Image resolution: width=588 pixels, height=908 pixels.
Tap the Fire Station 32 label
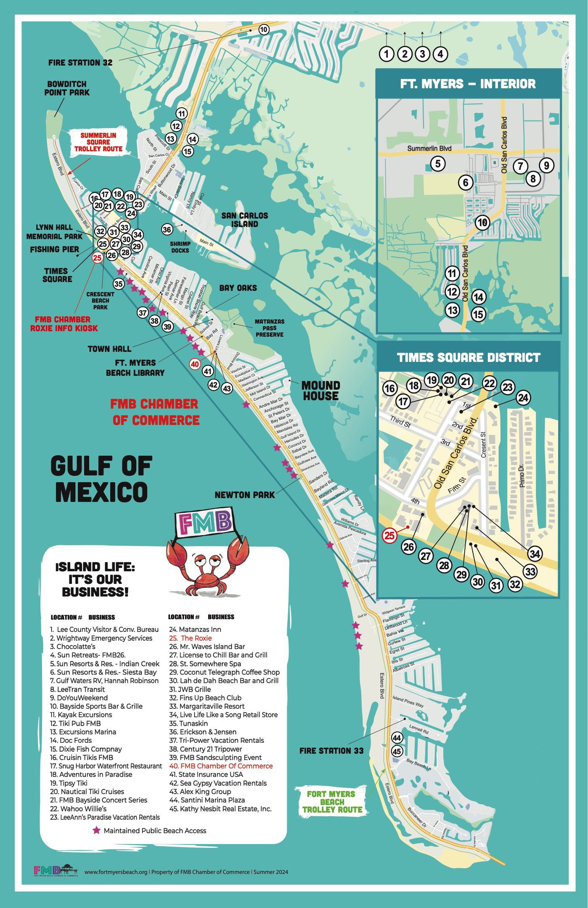[x=80, y=63]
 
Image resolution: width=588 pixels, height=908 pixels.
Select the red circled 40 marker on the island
[x=194, y=364]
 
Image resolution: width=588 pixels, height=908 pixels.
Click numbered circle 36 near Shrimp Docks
[x=167, y=230]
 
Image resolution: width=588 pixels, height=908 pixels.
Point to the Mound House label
[x=320, y=391]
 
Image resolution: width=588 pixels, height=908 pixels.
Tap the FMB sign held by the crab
[x=204, y=523]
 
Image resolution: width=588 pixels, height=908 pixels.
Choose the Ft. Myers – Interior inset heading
[x=468, y=83]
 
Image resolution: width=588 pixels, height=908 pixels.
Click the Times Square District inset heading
[x=469, y=357]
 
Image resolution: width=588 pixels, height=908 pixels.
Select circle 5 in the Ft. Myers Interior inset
[x=437, y=163]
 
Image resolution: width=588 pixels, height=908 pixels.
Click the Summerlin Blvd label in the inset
[x=429, y=149]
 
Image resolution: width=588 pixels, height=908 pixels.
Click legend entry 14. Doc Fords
[x=71, y=740]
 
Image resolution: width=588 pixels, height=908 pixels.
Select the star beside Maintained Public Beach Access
[x=96, y=830]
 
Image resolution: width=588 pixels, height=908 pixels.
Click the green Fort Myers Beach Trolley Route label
[x=331, y=801]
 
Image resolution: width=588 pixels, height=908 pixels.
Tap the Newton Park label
[x=244, y=495]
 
